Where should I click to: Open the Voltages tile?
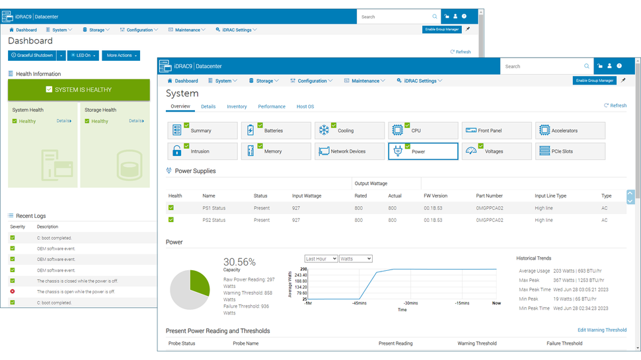click(x=496, y=151)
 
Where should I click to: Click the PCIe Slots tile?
click(x=570, y=151)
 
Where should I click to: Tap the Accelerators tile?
click(x=570, y=131)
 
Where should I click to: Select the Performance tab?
click(x=272, y=106)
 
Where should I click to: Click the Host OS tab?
click(x=305, y=106)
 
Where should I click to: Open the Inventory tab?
click(x=237, y=106)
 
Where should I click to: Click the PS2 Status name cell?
click(x=214, y=220)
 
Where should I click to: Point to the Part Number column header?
click(x=489, y=196)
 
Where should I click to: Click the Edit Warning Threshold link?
click(x=602, y=330)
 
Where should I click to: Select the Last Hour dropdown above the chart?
click(x=320, y=259)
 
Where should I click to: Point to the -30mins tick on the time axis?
click(x=411, y=303)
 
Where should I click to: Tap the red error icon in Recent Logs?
click(x=13, y=291)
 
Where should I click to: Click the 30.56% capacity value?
click(x=239, y=262)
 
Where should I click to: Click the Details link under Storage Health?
click(x=137, y=121)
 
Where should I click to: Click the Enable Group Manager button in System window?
click(x=594, y=81)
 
